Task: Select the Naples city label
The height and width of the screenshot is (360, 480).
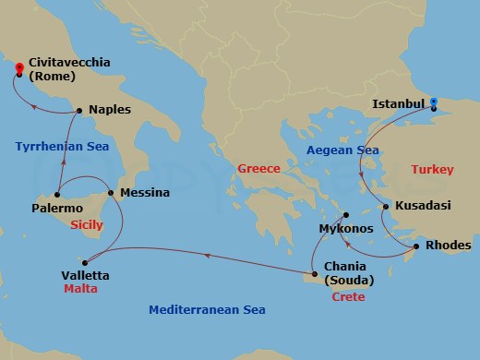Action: pos(111,109)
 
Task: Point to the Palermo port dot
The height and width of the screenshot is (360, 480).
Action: pos(56,195)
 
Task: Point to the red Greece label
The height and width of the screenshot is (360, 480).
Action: pos(258,169)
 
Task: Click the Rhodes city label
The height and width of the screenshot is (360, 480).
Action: pos(448,246)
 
